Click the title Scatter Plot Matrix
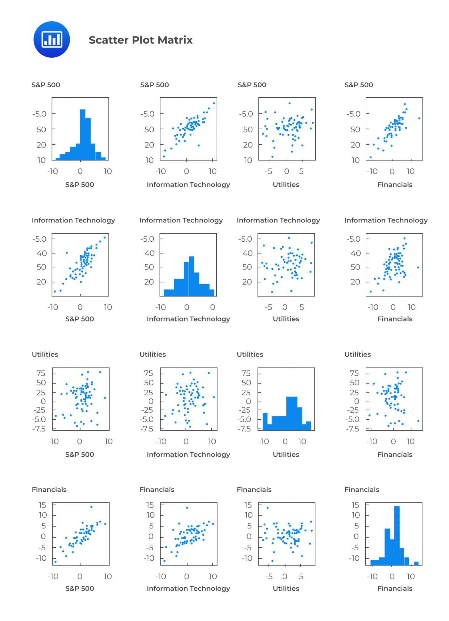141,40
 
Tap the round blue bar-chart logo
52,39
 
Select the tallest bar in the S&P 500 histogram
82,134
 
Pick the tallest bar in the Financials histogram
397,535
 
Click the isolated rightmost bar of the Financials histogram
416,563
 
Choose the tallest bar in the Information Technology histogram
191,276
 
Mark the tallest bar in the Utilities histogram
291,413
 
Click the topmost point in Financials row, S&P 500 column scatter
91,507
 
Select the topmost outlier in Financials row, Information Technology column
187,508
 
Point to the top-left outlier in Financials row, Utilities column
268,508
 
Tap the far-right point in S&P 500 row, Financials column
419,118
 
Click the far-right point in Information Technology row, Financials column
418,267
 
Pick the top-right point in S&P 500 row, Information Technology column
214,103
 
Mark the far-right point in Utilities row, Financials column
418,421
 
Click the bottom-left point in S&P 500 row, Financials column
371,157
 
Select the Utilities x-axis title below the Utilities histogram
286,455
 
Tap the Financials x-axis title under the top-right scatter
395,185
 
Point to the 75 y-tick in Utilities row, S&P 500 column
41,373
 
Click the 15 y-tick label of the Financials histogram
355,505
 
